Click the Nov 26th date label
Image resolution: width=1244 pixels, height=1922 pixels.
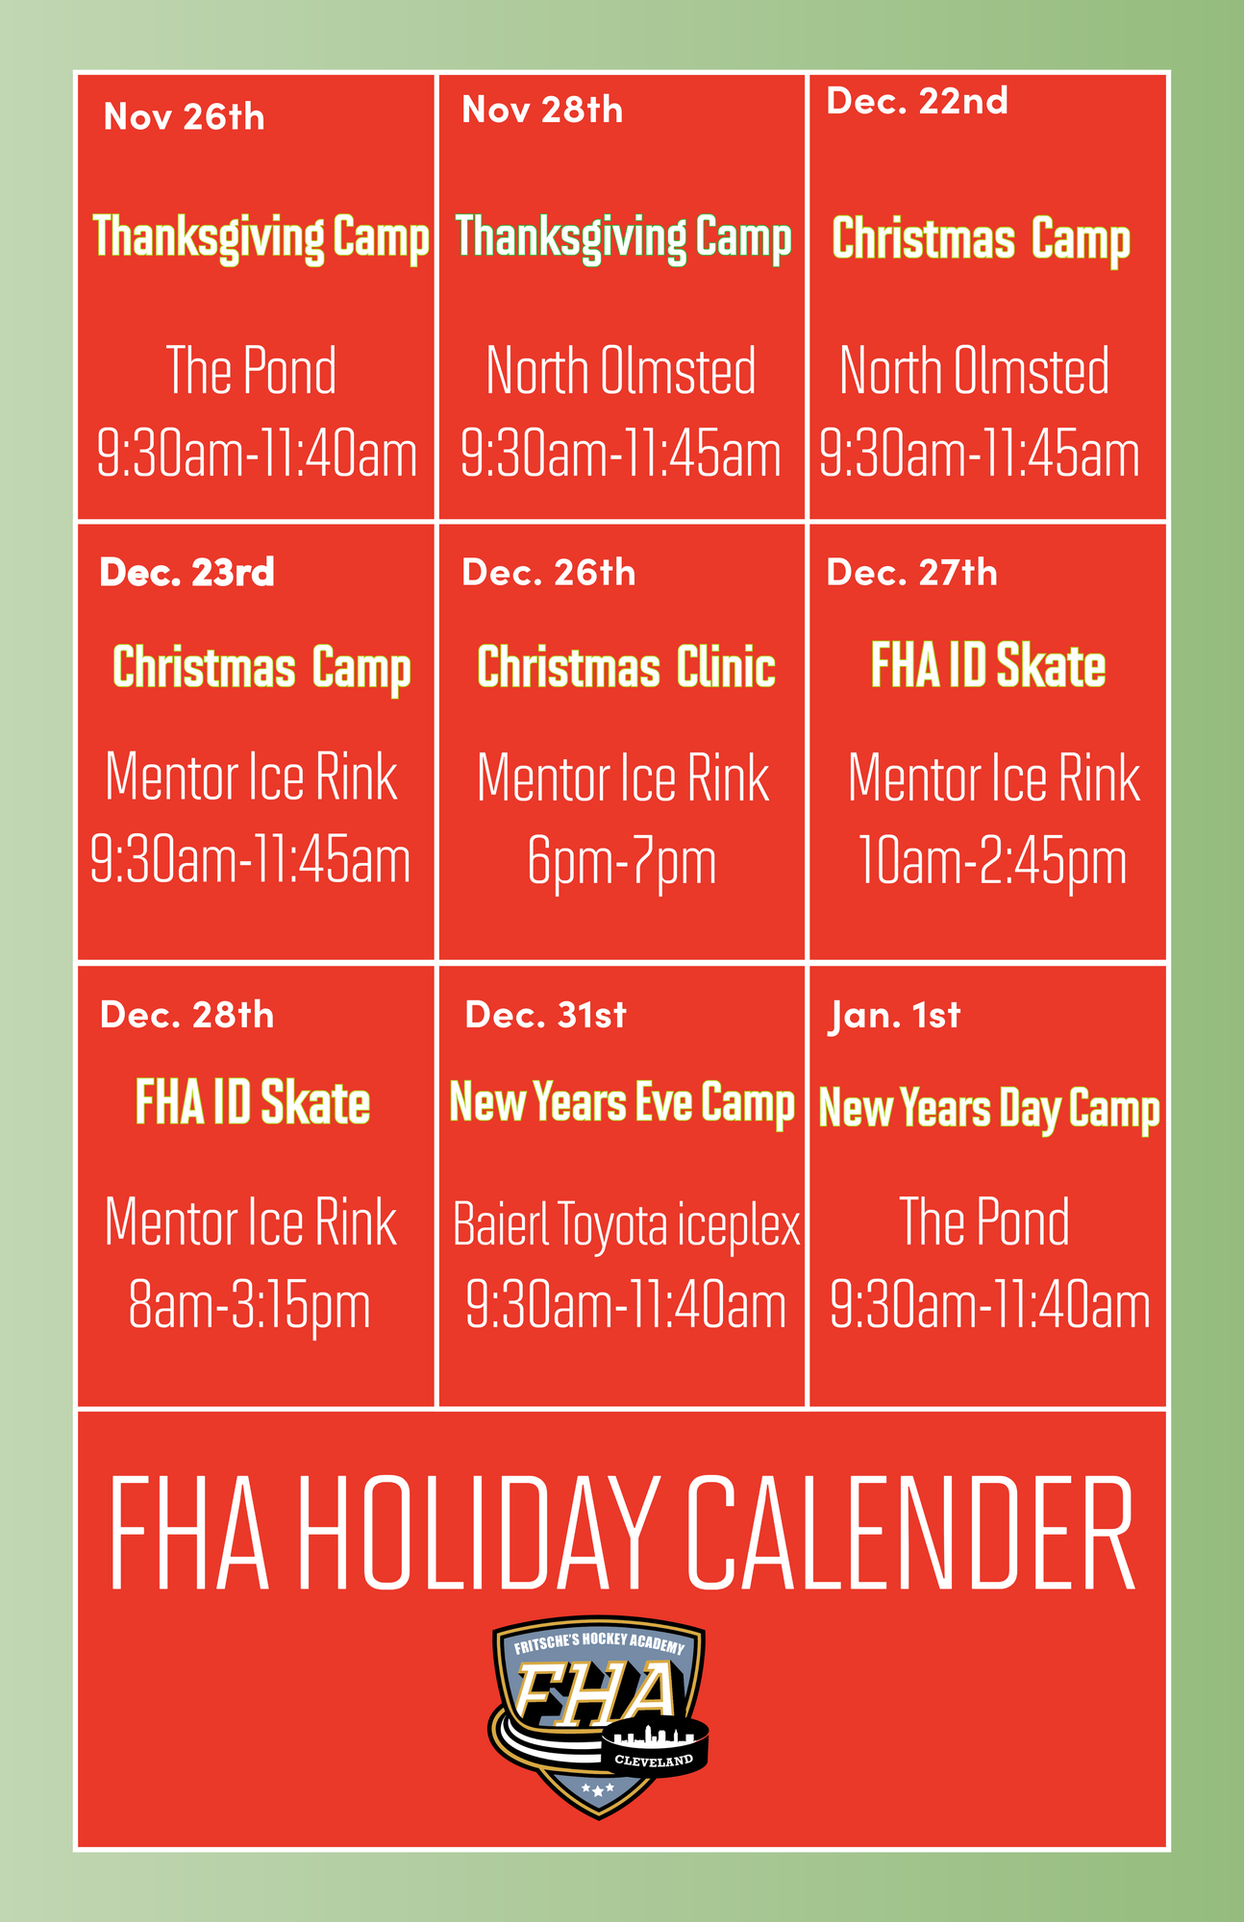point(184,117)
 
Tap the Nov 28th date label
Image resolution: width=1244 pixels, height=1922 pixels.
point(542,111)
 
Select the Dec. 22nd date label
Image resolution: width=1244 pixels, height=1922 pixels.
point(917,101)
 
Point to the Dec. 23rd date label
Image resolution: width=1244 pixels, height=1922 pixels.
point(187,573)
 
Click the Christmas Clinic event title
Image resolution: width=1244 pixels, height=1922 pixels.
point(626,667)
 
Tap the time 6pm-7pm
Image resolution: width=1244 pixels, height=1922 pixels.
point(622,863)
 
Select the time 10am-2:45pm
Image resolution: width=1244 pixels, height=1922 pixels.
point(991,862)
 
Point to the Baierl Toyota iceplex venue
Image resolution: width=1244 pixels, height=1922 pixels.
point(626,1225)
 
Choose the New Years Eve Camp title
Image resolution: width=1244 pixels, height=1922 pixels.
point(622,1103)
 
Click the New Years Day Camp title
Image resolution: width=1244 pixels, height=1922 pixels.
point(989,1110)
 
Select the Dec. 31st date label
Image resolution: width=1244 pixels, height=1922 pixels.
point(545,1015)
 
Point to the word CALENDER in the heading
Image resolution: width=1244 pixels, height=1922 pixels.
point(912,1534)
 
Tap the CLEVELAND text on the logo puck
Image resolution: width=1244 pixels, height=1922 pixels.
point(654,1761)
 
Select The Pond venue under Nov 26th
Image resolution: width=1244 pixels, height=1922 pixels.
point(251,370)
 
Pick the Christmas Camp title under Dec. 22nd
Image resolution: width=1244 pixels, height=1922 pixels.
point(981,239)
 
